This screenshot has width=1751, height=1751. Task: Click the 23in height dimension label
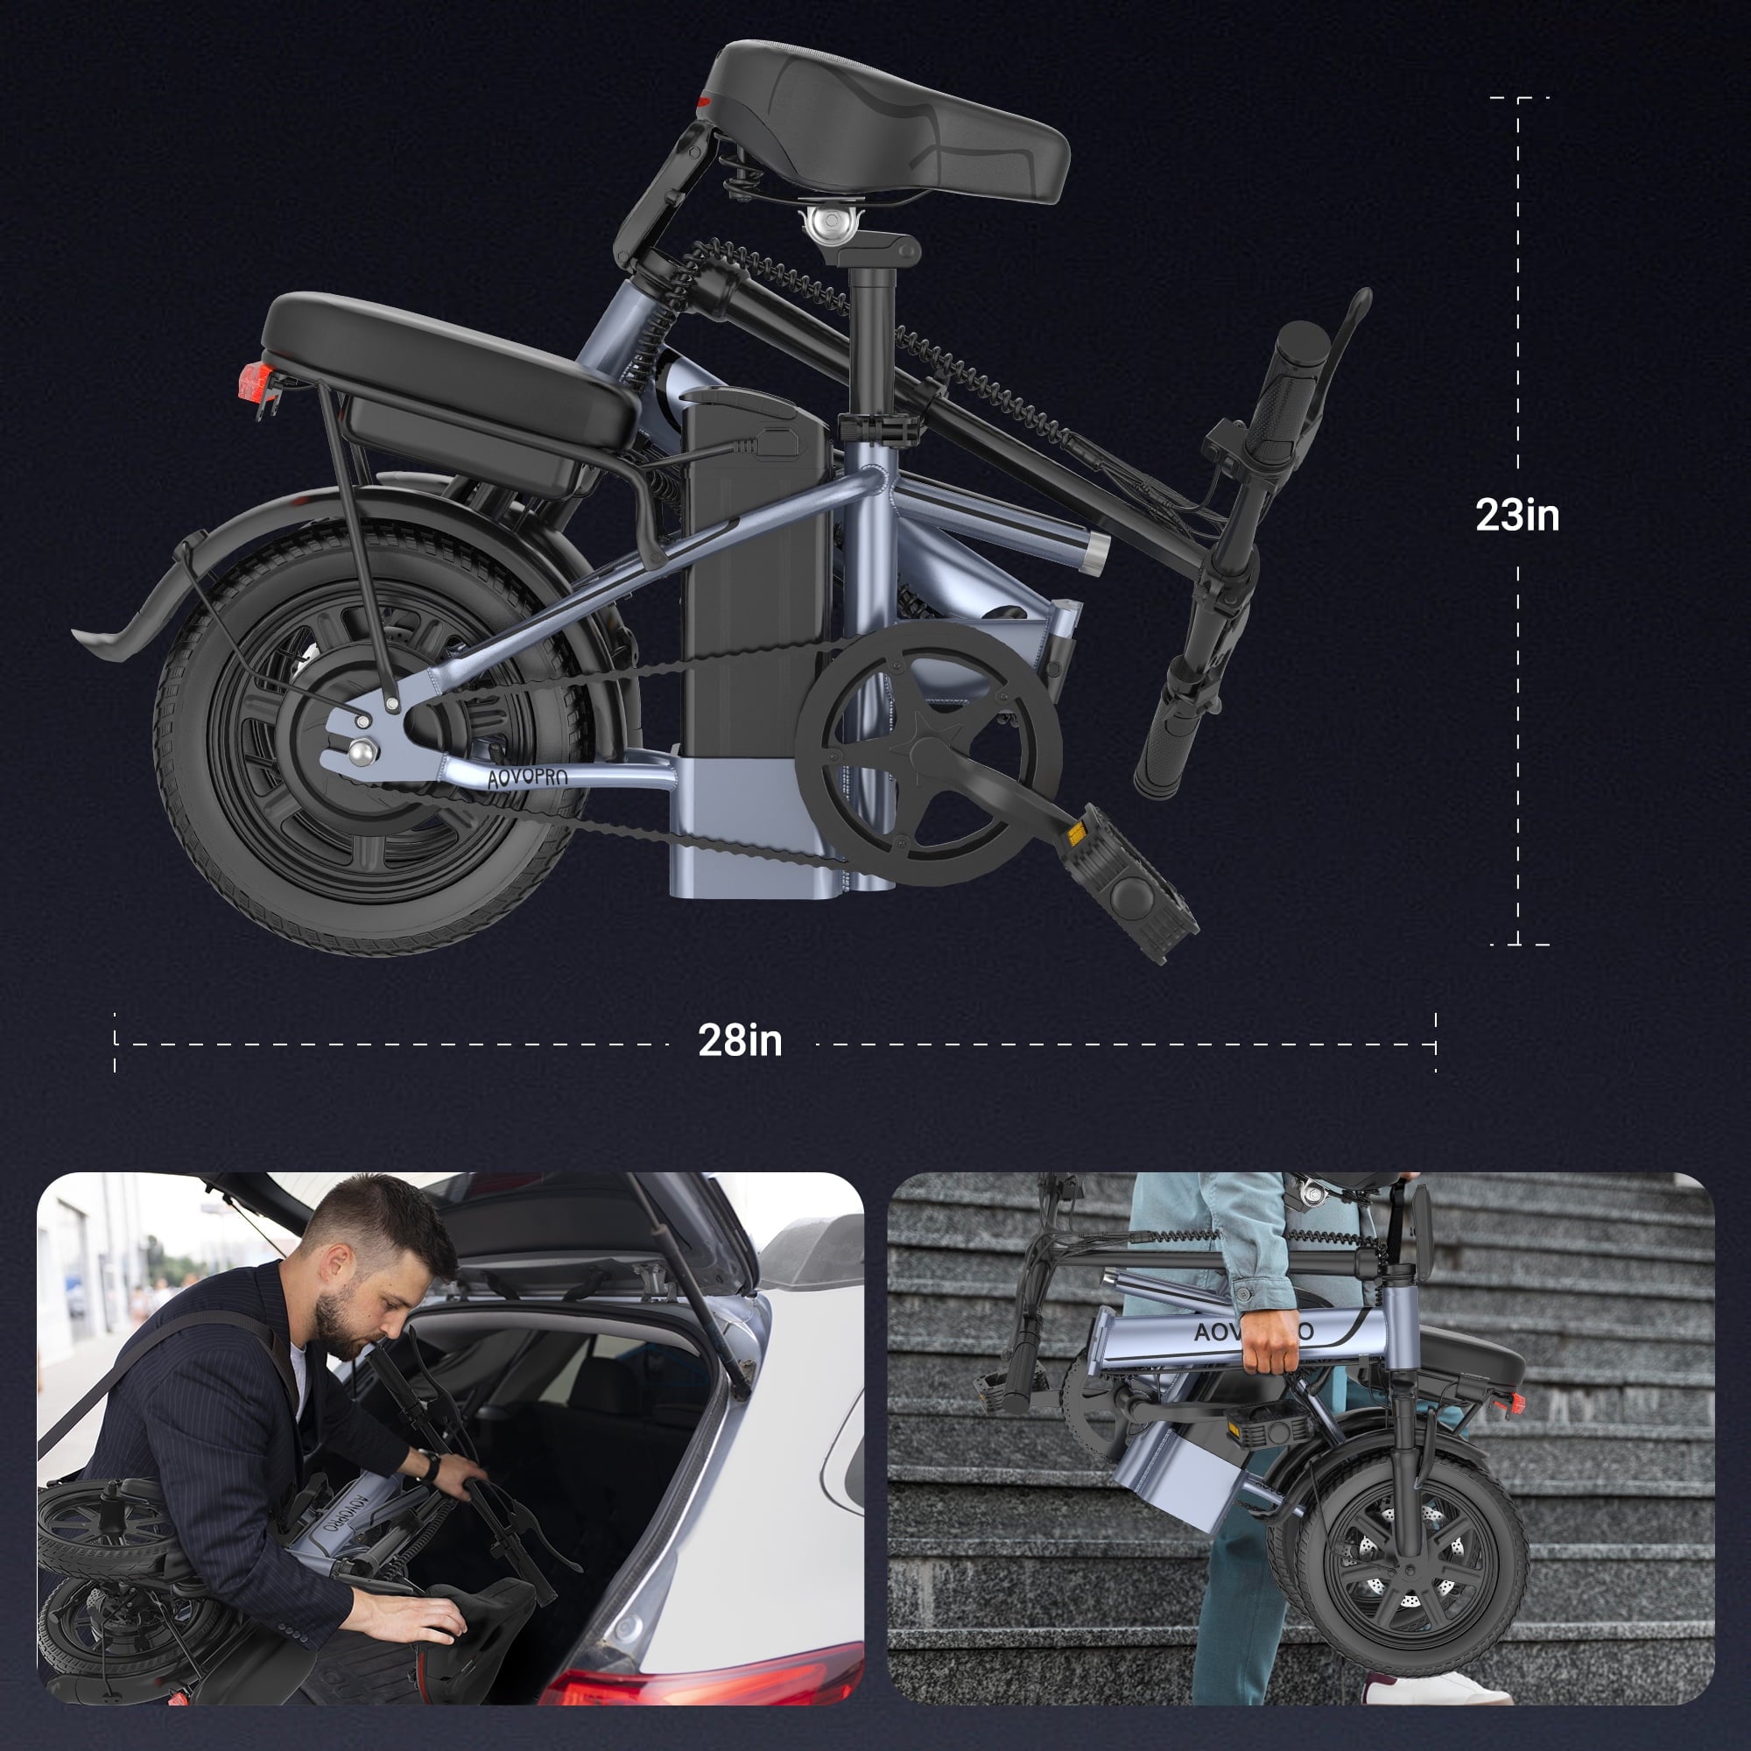pos(1517,516)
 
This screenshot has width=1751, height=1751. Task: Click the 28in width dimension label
pos(740,1040)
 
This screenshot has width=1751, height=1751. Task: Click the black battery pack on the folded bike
pos(755,580)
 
